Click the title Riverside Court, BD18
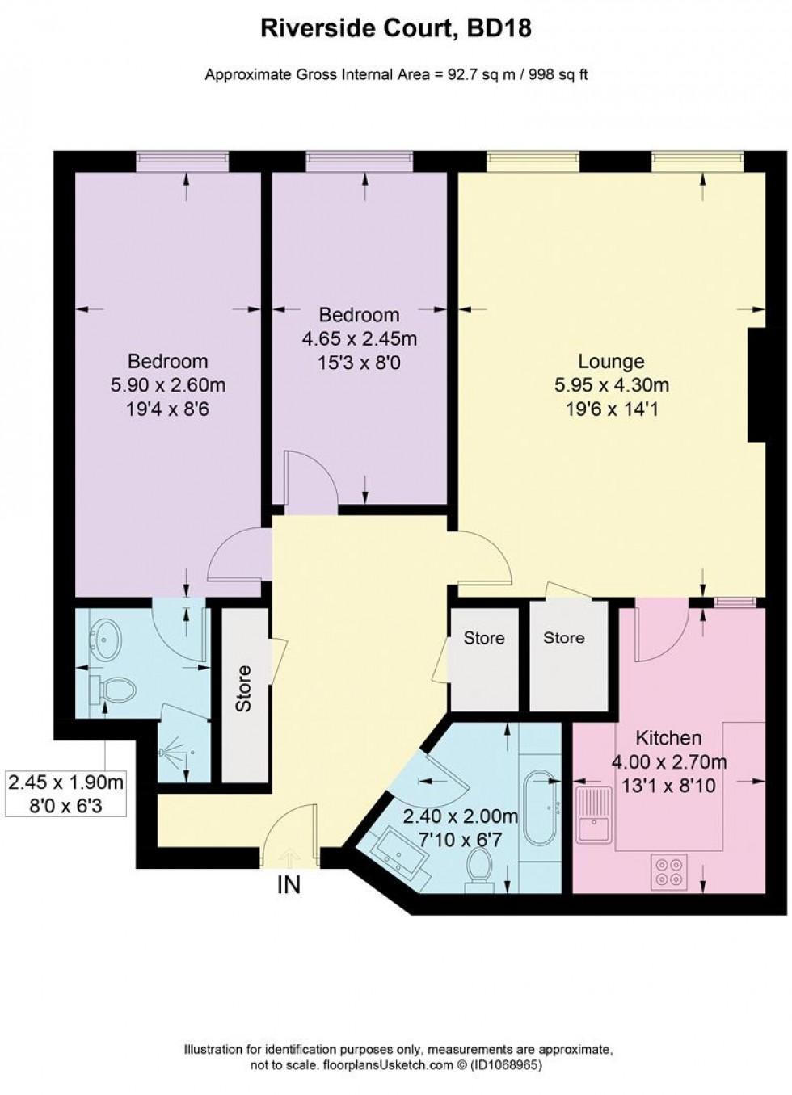point(395,30)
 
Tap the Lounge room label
point(611,361)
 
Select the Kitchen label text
point(668,737)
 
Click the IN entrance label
point(289,885)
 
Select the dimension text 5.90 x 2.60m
point(168,385)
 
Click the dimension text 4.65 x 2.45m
point(360,339)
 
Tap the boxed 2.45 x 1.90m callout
point(66,794)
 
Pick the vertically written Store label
point(243,687)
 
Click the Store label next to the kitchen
point(563,638)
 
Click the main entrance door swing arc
point(287,824)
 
